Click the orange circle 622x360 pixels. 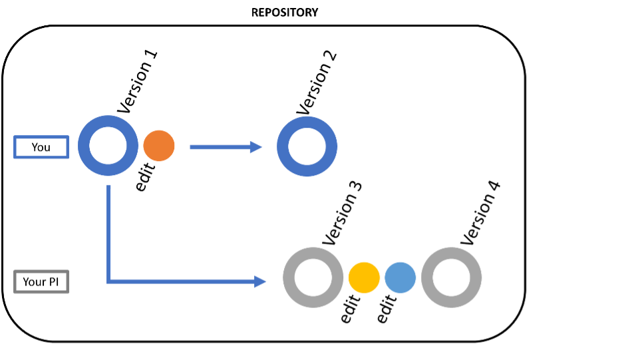(159, 146)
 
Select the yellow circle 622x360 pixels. (364, 277)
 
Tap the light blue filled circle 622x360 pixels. (400, 277)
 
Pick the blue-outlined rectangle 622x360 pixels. (41, 138)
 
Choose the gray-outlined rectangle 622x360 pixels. (41, 272)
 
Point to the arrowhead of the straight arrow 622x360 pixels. (257, 147)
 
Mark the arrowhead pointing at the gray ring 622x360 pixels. (261, 281)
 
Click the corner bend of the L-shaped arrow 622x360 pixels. (109, 281)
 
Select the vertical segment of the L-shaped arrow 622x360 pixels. (109, 233)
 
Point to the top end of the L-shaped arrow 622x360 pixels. (109, 187)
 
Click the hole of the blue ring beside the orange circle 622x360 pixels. (108, 146)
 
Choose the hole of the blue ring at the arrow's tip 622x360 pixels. (307, 146)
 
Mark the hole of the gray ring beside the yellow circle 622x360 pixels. (313, 277)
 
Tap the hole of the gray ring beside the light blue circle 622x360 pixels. (452, 277)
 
